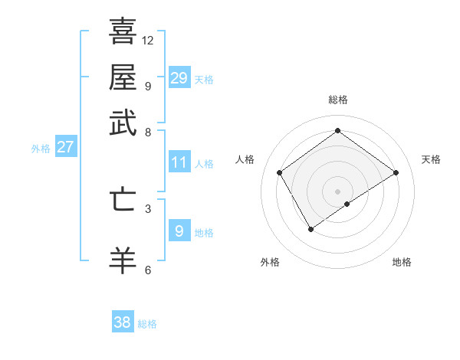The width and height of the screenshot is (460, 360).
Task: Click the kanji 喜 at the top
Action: click(123, 31)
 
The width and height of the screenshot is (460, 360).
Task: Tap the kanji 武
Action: click(123, 123)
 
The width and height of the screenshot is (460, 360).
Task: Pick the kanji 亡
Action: click(123, 199)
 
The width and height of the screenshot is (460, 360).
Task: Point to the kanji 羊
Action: click(123, 260)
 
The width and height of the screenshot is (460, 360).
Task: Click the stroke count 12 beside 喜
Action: click(148, 40)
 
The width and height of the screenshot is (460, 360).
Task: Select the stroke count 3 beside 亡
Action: click(148, 208)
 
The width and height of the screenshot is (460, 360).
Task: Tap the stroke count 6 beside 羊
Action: click(148, 270)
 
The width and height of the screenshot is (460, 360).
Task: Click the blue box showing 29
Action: click(179, 78)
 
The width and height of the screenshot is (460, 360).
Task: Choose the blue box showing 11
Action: click(179, 162)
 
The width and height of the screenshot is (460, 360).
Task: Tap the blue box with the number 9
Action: click(179, 231)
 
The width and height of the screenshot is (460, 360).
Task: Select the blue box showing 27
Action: click(65, 147)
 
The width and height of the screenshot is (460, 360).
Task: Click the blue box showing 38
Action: click(122, 322)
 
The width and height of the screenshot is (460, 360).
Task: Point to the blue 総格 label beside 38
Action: click(147, 324)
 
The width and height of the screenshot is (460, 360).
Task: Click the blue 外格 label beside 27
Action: click(41, 149)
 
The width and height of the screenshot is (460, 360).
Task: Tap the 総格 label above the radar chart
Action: click(337, 100)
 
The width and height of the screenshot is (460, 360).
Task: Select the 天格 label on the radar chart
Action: click(431, 159)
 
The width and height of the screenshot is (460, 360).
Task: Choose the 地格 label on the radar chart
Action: click(402, 262)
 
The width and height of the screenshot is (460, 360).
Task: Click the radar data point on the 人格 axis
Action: click(280, 172)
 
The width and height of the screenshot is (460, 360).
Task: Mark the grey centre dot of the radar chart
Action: click(337, 191)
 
